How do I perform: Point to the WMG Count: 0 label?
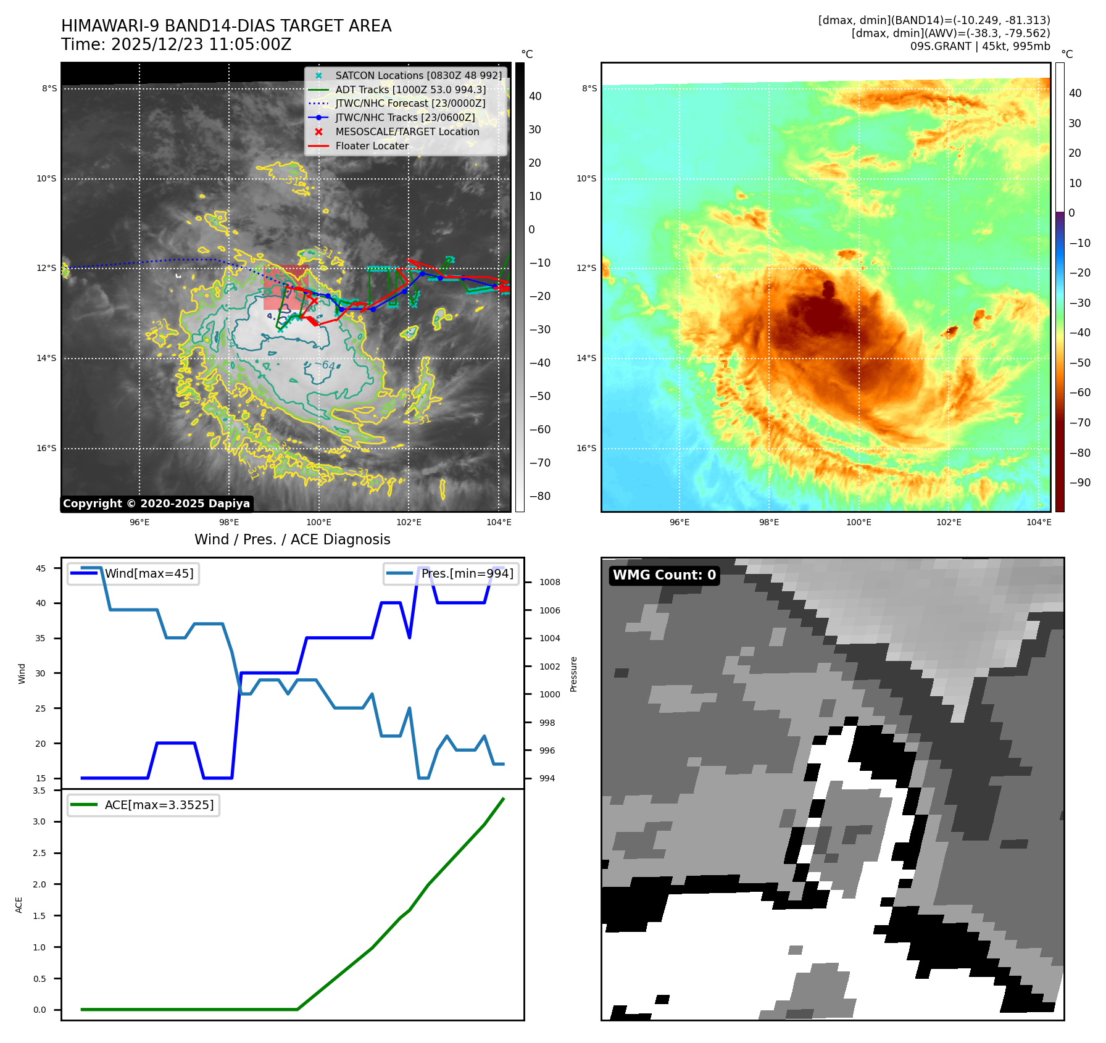[664, 575]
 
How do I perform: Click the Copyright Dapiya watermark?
[156, 504]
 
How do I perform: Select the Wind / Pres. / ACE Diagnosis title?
[292, 539]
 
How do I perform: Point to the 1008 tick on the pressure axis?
[549, 582]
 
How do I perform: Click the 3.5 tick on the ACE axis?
[39, 791]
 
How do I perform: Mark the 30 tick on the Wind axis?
[40, 673]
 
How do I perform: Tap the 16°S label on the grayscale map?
[46, 448]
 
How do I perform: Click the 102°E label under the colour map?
[949, 522]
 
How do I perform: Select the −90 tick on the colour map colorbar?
[1079, 483]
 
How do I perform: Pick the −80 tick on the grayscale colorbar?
[539, 496]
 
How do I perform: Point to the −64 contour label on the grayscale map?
[328, 365]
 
